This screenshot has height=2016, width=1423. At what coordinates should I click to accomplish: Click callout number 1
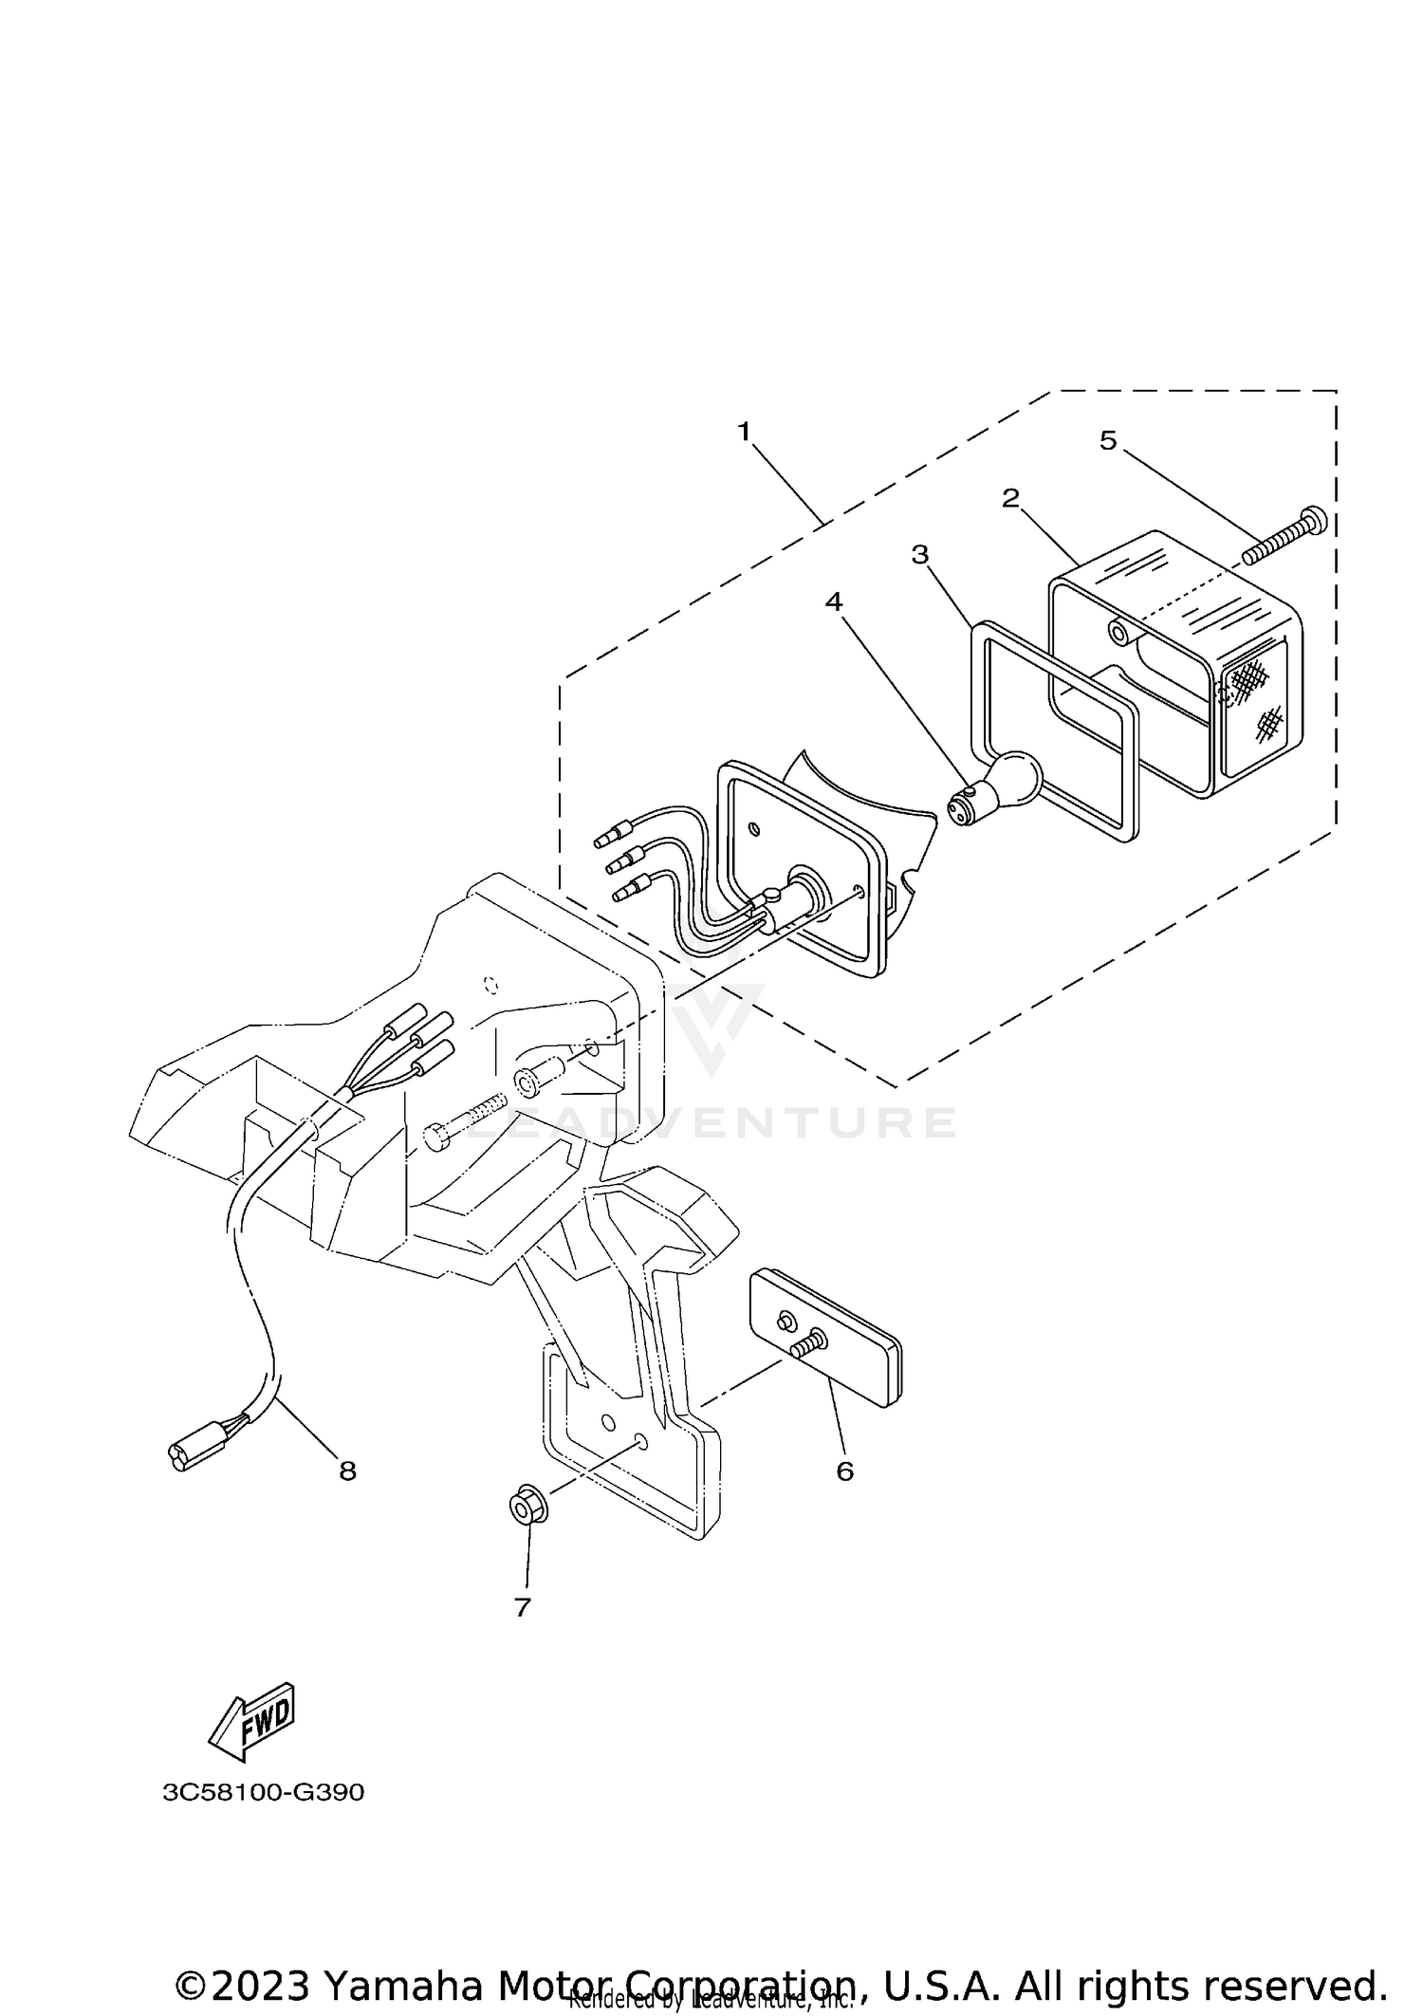744,432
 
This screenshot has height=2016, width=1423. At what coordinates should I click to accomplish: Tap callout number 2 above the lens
1011,497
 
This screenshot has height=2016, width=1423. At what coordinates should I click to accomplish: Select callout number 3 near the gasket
919,555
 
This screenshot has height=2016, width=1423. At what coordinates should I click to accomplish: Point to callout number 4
833,601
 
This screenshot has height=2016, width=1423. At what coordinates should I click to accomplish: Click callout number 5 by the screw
1108,440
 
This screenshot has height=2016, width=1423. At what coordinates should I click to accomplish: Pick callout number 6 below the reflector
844,1470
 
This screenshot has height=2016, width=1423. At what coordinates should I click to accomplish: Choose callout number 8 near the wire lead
347,1470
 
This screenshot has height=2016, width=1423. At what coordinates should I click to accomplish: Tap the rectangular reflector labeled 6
825,1339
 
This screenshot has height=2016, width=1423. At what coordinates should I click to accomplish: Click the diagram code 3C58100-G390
263,1792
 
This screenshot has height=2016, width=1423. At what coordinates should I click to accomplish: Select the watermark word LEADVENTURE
711,1123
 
